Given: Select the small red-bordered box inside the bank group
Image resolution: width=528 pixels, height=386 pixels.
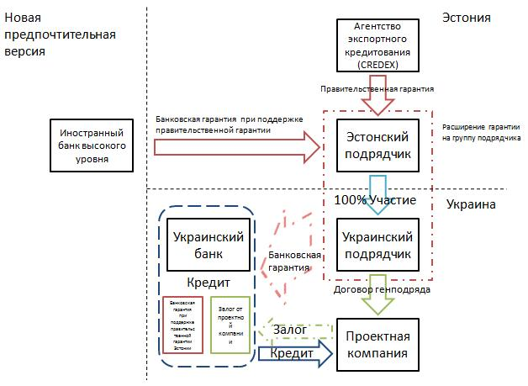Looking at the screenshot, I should point(182,324).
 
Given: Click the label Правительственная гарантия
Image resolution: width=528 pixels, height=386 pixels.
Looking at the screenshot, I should point(376,87).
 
